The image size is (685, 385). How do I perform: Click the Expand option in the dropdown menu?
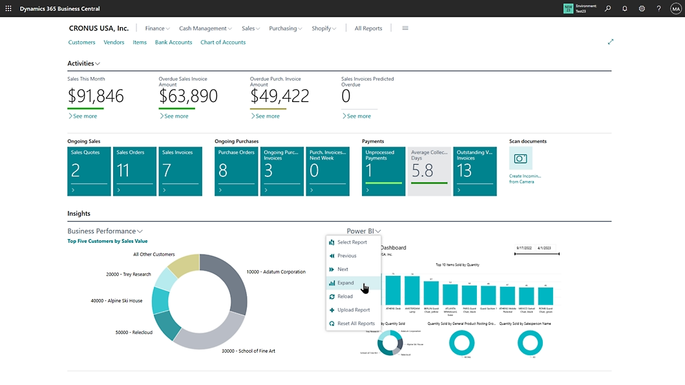point(346,283)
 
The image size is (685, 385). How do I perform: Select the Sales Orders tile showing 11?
point(134,171)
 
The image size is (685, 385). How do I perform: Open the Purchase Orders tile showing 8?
point(236,171)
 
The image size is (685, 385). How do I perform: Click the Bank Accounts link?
point(173,43)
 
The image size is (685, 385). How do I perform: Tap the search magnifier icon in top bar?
point(607,8)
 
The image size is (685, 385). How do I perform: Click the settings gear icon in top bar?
point(642,8)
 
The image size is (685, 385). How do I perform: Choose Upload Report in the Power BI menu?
point(353,310)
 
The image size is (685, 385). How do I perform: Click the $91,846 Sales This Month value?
point(96,96)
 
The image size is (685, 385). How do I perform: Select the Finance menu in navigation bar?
point(157,28)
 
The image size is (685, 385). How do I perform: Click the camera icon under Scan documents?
point(520,158)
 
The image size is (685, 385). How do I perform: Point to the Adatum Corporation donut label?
point(276,272)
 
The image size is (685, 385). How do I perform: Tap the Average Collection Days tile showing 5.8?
point(429,171)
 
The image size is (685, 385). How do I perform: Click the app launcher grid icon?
point(8,8)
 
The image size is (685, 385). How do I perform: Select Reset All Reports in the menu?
point(355,324)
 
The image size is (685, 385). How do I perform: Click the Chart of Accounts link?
point(223,43)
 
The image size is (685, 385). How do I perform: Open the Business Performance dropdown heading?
point(105,231)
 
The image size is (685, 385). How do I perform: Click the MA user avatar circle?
point(676,8)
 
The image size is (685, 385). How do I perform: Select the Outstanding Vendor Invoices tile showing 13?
point(474,171)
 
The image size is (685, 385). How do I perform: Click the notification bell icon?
point(625,8)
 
